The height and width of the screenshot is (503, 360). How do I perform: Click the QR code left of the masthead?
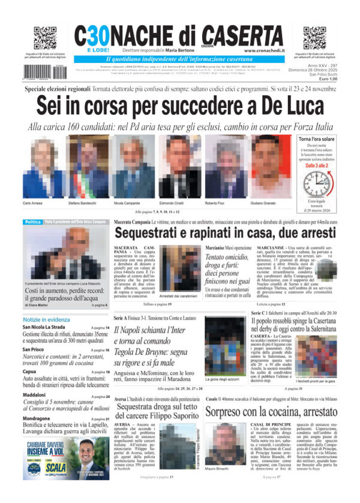pyautogui.click(x=45, y=38)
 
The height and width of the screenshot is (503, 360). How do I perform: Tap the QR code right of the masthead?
pyautogui.click(x=314, y=38)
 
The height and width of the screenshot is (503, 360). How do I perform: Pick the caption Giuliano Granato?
pyautogui.click(x=268, y=204)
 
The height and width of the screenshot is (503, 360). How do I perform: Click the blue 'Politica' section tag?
pyautogui.click(x=32, y=222)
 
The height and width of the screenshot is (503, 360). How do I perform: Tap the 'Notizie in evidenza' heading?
pyautogui.click(x=47, y=321)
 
